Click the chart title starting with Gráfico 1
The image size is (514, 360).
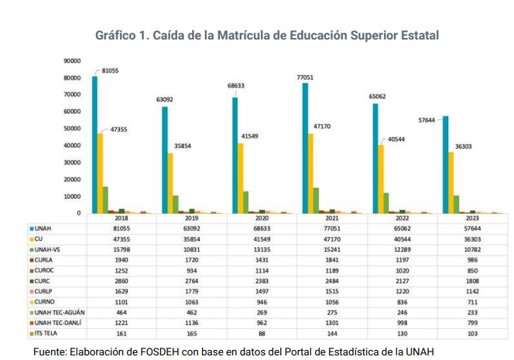click(267, 36)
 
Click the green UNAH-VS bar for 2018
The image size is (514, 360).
click(105, 200)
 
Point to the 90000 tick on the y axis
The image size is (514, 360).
click(72, 61)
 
